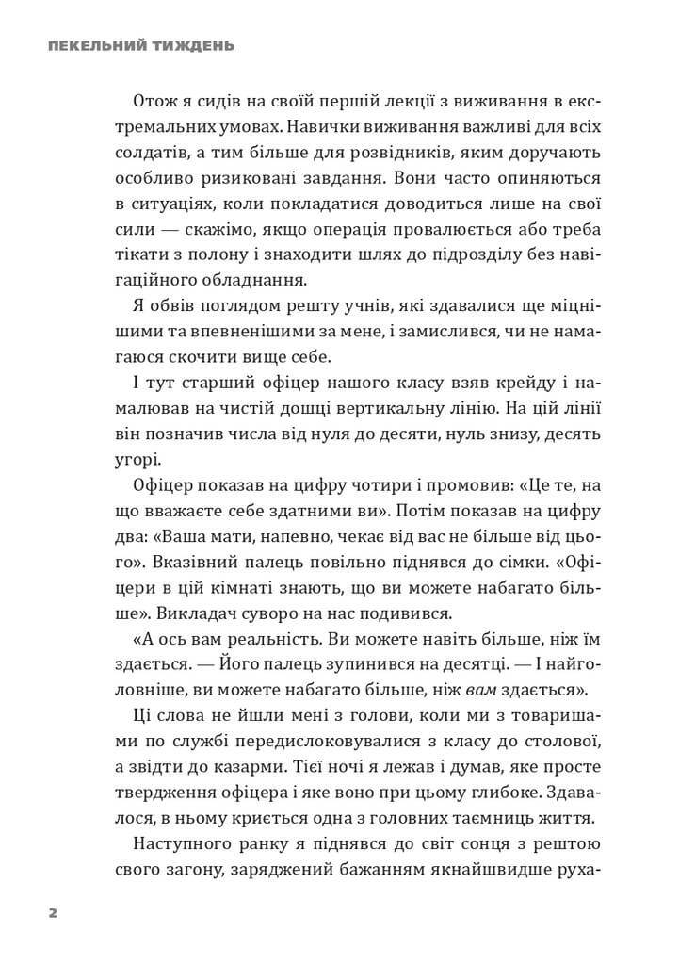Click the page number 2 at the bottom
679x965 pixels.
click(53, 913)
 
